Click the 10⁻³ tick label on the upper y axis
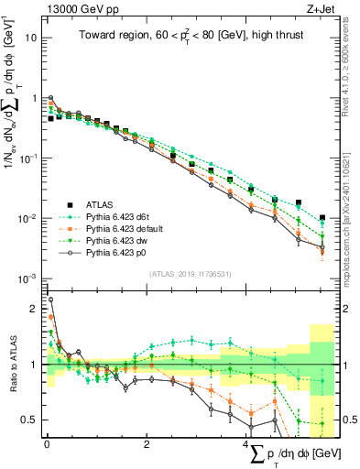(x=29, y=278)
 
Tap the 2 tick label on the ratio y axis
(x=34, y=310)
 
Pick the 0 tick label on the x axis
(x=47, y=443)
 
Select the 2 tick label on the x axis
(x=147, y=443)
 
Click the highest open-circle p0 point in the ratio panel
(x=50, y=299)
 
